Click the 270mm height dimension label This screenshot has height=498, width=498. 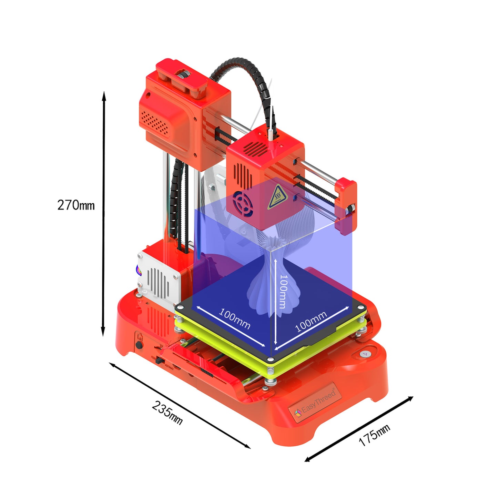(76, 205)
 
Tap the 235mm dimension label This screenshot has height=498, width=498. (167, 413)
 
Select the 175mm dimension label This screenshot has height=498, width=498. (374, 435)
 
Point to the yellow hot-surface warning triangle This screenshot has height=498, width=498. (277, 197)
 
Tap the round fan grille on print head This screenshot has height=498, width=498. (243, 203)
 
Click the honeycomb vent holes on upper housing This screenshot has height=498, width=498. (154, 122)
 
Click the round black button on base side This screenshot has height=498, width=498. (139, 345)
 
